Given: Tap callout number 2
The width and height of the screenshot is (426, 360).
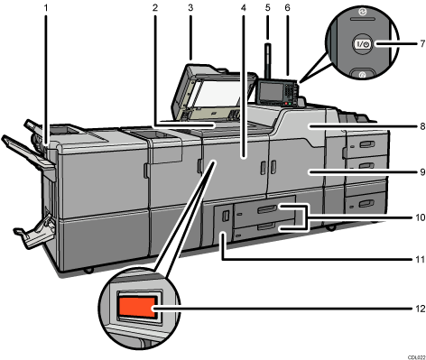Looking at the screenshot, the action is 155,9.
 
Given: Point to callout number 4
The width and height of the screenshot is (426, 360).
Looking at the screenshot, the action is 243,9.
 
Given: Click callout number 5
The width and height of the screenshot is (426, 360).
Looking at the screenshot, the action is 267,9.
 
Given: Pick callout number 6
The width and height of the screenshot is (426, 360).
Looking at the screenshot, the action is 288,9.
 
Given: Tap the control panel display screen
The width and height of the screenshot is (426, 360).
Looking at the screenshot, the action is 269,91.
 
